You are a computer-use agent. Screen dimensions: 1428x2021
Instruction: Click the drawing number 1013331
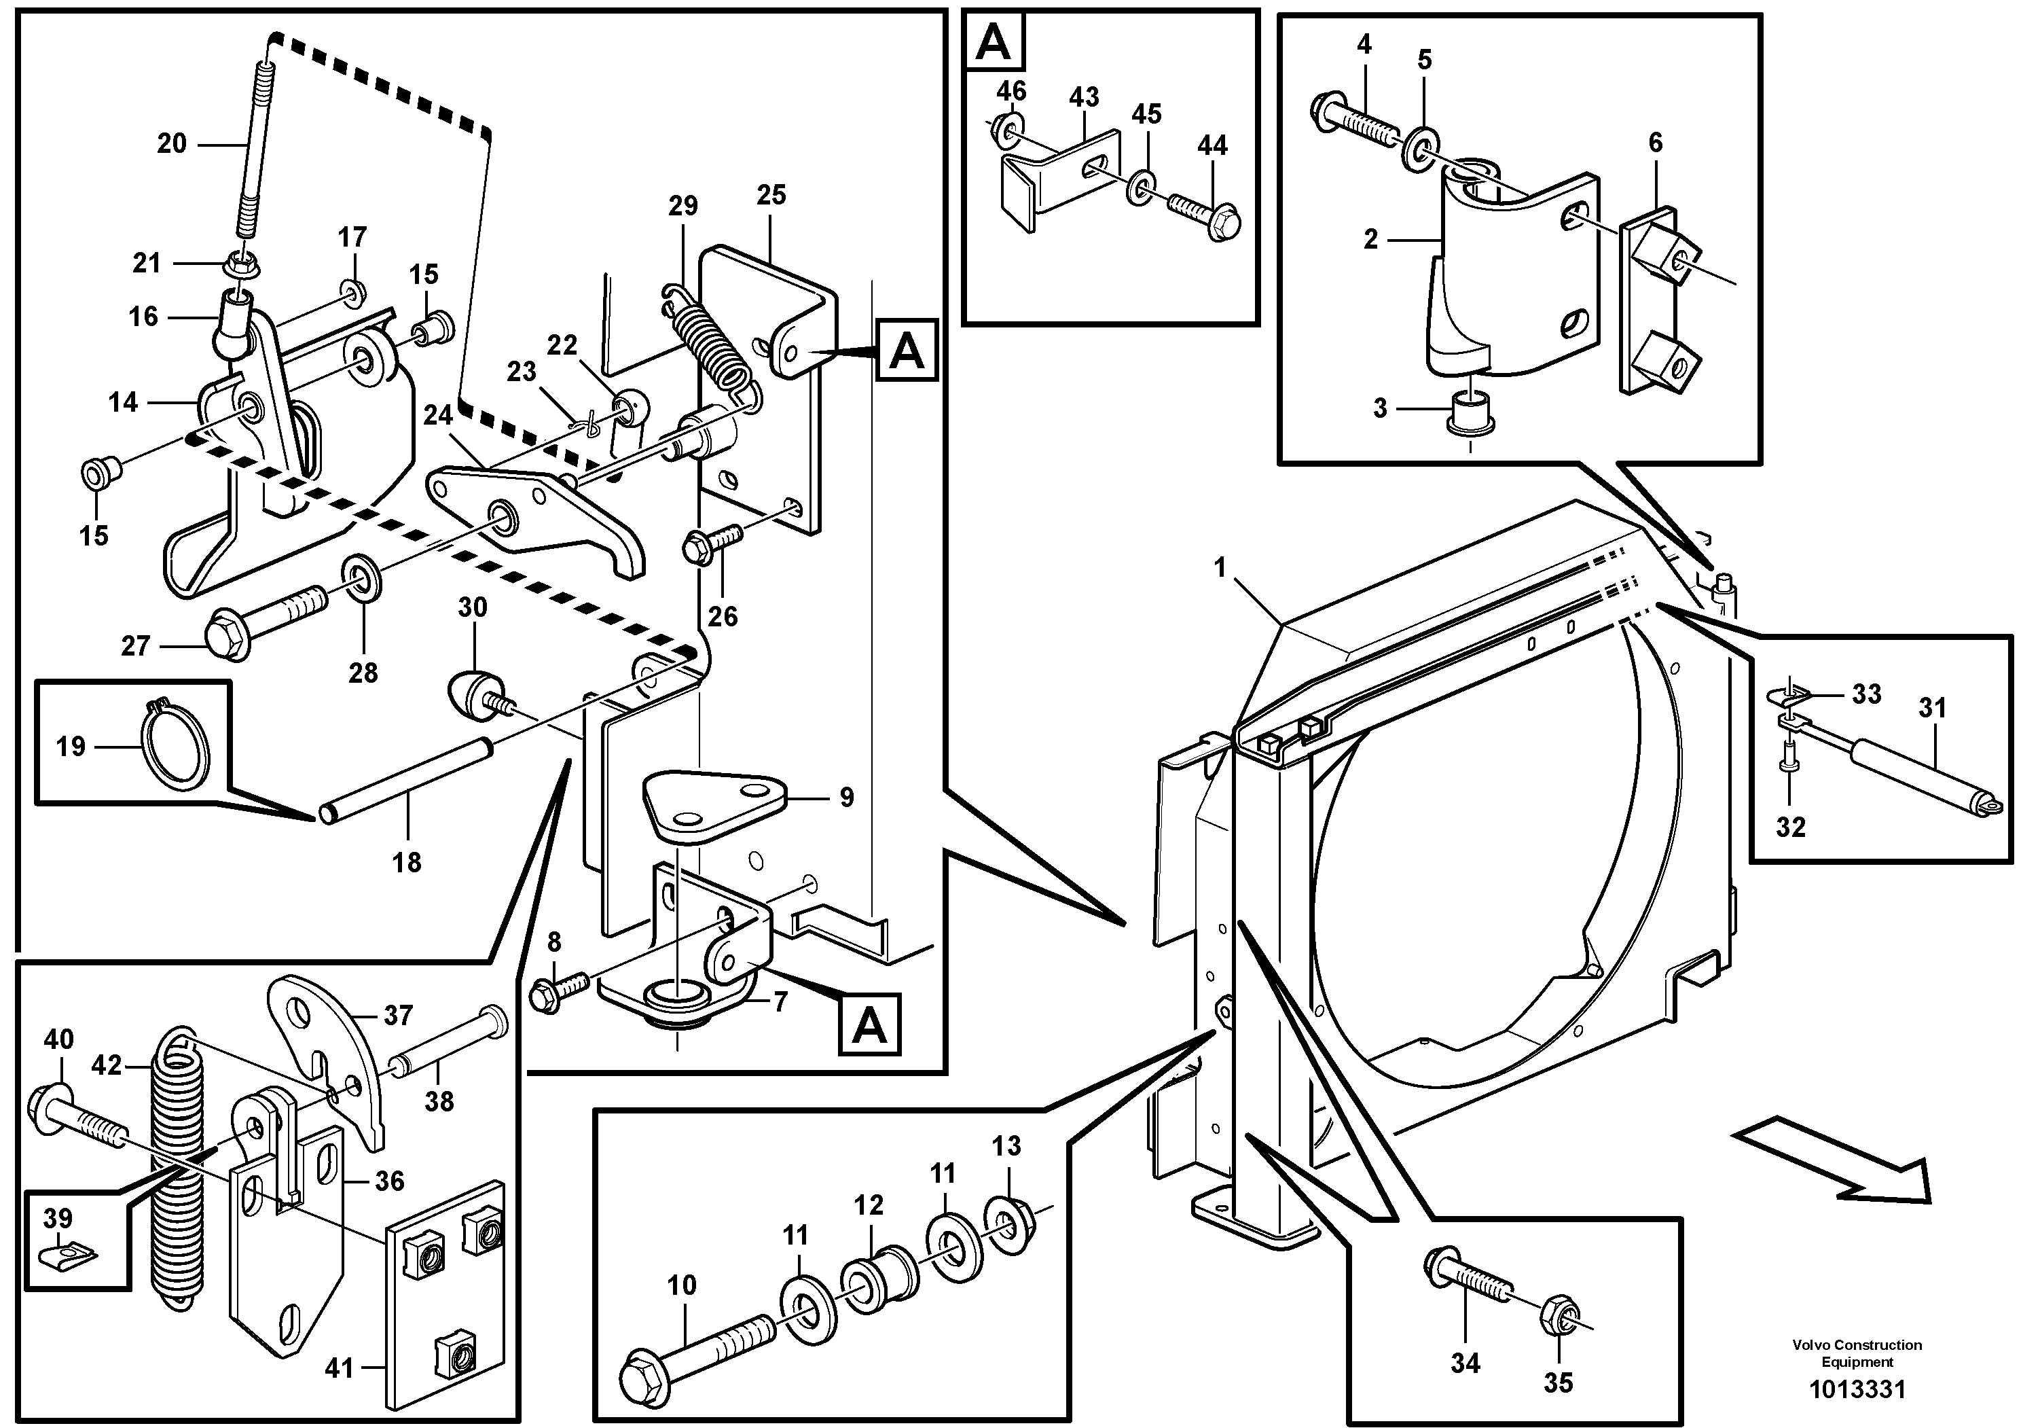tap(1857, 1390)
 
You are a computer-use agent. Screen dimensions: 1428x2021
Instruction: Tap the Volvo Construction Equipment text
tap(1857, 1353)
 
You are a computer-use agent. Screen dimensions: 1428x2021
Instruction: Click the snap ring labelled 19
tap(176, 745)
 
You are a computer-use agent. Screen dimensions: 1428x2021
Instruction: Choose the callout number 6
tap(1655, 143)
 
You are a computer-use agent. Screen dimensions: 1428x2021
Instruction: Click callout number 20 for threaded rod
tap(172, 143)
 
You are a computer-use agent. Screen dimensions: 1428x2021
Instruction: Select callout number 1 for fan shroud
tap(1219, 568)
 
